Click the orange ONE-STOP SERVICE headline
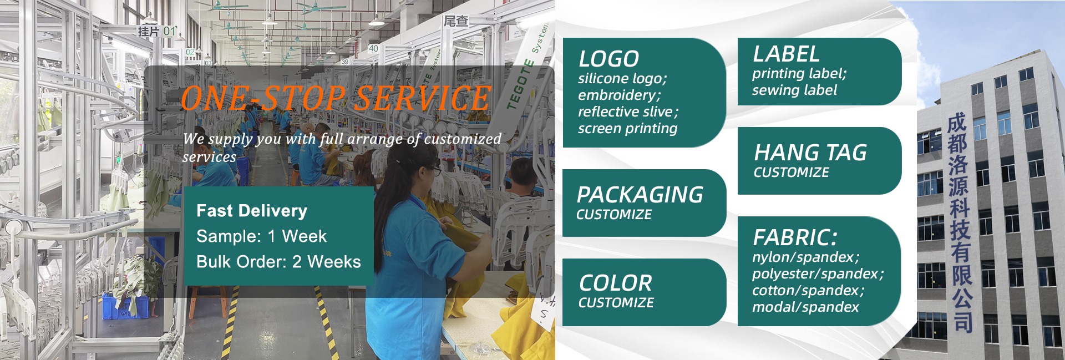[336, 98]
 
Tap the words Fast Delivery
[252, 211]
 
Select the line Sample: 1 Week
[261, 236]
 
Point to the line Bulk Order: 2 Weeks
[278, 262]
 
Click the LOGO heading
[608, 59]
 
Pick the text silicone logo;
[622, 79]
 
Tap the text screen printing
[627, 129]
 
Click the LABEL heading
[786, 54]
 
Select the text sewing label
[794, 90]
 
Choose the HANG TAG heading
[810, 153]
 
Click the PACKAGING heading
[640, 195]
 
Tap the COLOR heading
[615, 283]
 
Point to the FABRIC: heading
[795, 238]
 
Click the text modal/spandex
[805, 307]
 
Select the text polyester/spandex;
[818, 273]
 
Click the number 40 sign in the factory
[373, 48]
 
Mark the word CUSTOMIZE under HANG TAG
[791, 173]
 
